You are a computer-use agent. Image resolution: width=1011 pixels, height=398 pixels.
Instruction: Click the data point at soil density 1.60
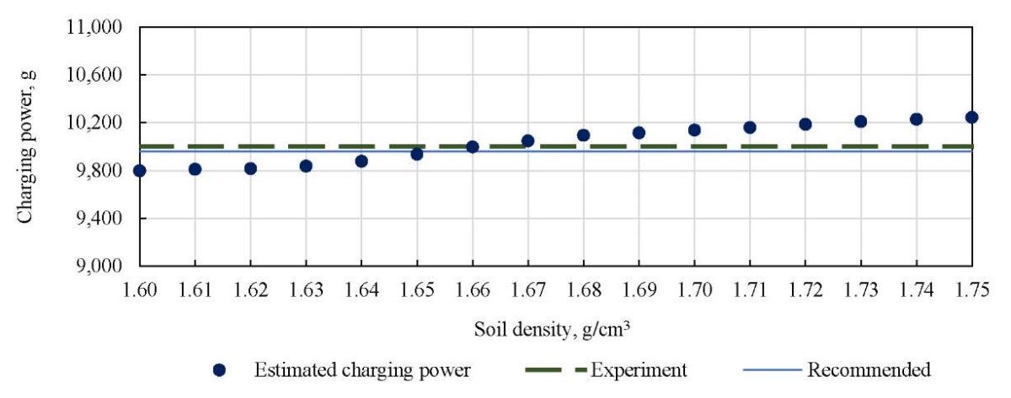[x=140, y=171]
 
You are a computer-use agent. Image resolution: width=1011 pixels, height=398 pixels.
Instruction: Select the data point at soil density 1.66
[x=473, y=146]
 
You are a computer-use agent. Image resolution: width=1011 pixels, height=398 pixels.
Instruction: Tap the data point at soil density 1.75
[x=971, y=117]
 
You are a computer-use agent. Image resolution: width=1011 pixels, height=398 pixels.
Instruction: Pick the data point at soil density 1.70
[x=694, y=130]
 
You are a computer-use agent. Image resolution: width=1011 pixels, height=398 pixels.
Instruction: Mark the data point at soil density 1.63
[x=306, y=166]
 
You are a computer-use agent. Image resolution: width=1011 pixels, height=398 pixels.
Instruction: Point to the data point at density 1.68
[x=583, y=135]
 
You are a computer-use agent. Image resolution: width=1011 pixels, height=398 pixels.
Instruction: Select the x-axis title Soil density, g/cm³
[x=556, y=331]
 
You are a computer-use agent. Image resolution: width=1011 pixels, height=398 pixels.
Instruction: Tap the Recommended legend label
[x=869, y=370]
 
